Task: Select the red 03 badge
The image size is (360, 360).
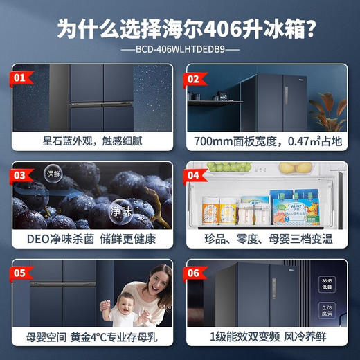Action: pyautogui.click(x=25, y=174)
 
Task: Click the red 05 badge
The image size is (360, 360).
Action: pyautogui.click(x=25, y=272)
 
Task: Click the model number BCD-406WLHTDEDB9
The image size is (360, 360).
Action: pyautogui.click(x=180, y=50)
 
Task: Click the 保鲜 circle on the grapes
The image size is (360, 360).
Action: pyautogui.click(x=54, y=173)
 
